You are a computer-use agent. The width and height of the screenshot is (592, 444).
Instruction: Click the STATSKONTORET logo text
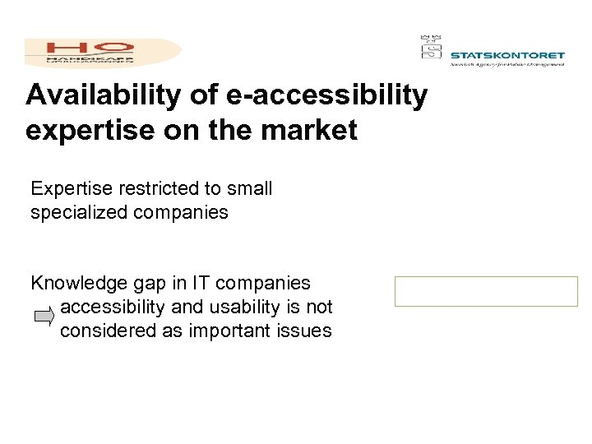(507, 56)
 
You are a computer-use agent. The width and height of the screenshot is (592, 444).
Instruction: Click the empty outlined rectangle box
(486, 292)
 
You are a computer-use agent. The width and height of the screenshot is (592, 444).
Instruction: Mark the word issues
(306, 331)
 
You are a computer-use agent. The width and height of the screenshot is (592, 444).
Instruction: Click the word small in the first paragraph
(249, 189)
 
